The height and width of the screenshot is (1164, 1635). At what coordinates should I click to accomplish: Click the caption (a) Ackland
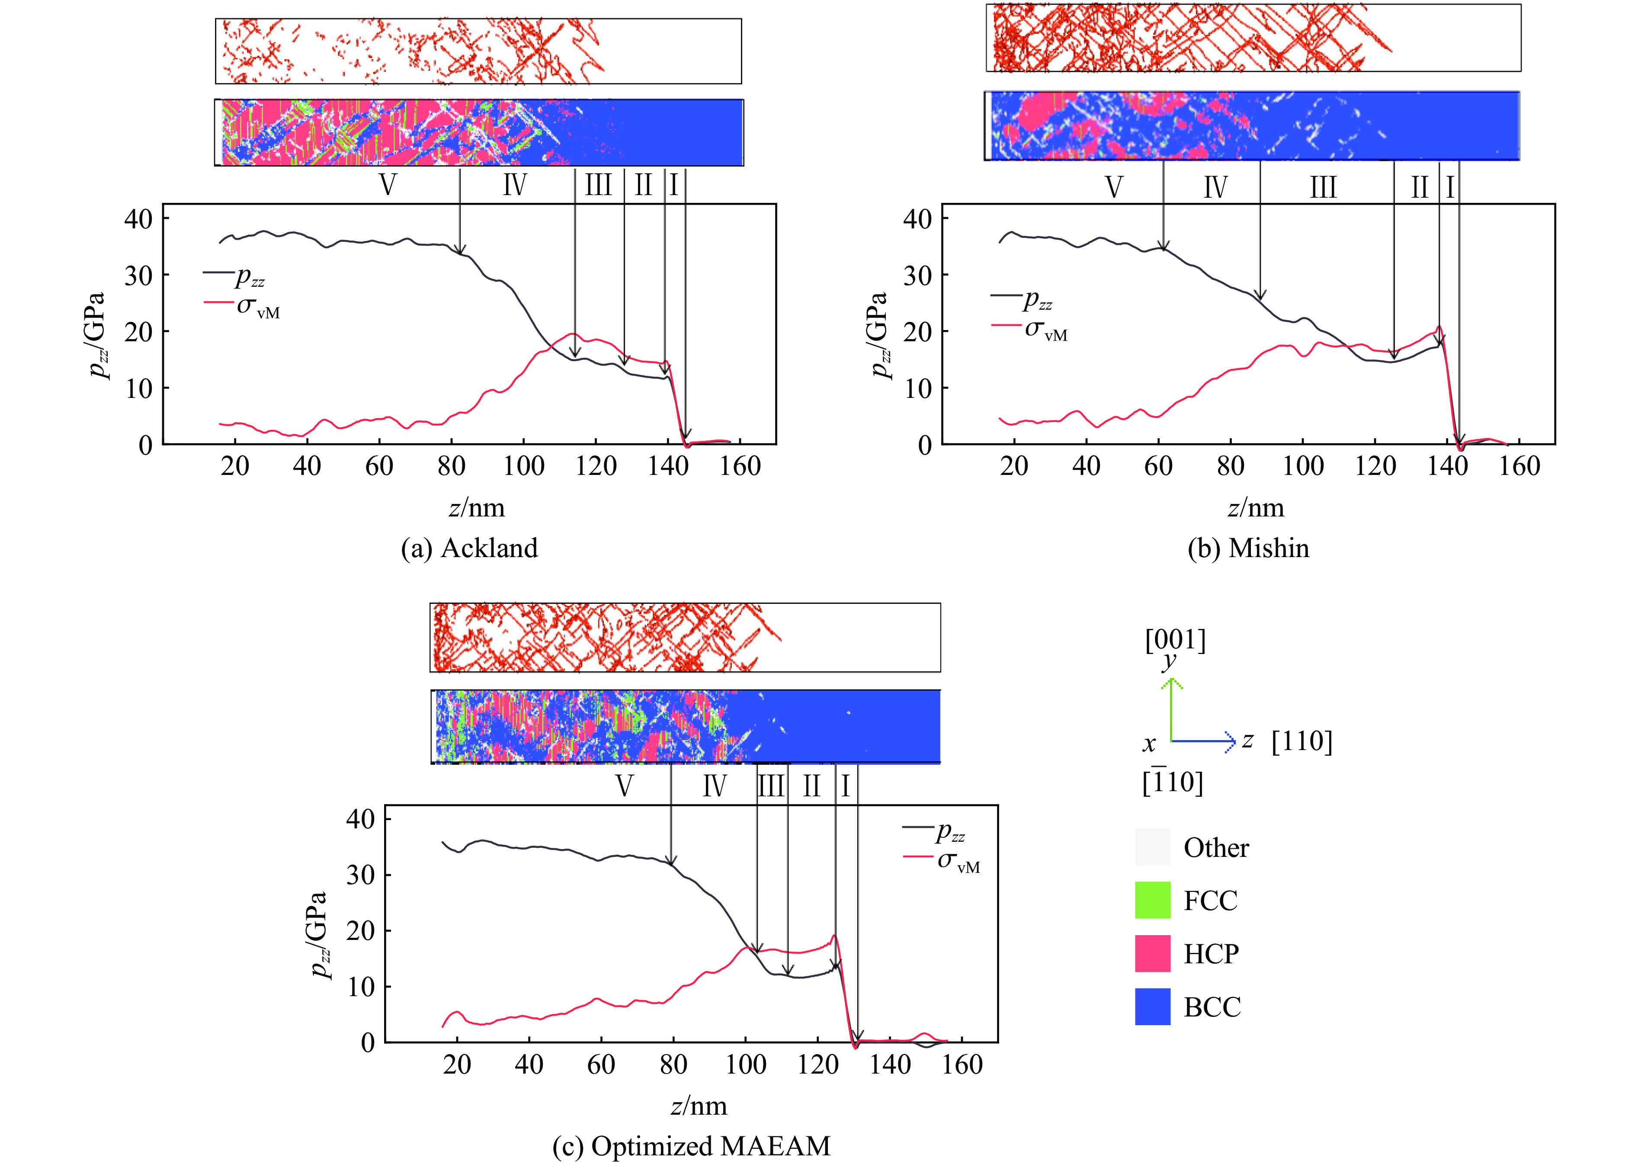point(469,548)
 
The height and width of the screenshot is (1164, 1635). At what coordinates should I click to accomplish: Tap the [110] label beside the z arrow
point(1302,741)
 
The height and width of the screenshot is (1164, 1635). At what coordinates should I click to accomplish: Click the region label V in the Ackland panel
point(388,185)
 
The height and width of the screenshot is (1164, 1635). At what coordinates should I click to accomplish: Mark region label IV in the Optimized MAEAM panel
point(714,786)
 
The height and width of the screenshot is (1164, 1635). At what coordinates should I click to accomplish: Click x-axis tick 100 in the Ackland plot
point(523,467)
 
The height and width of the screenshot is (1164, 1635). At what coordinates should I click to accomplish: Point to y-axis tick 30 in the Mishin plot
point(917,275)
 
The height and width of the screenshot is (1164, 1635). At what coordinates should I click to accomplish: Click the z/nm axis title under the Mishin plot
point(1256,508)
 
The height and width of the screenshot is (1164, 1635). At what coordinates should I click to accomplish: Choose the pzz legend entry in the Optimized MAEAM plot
point(950,832)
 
